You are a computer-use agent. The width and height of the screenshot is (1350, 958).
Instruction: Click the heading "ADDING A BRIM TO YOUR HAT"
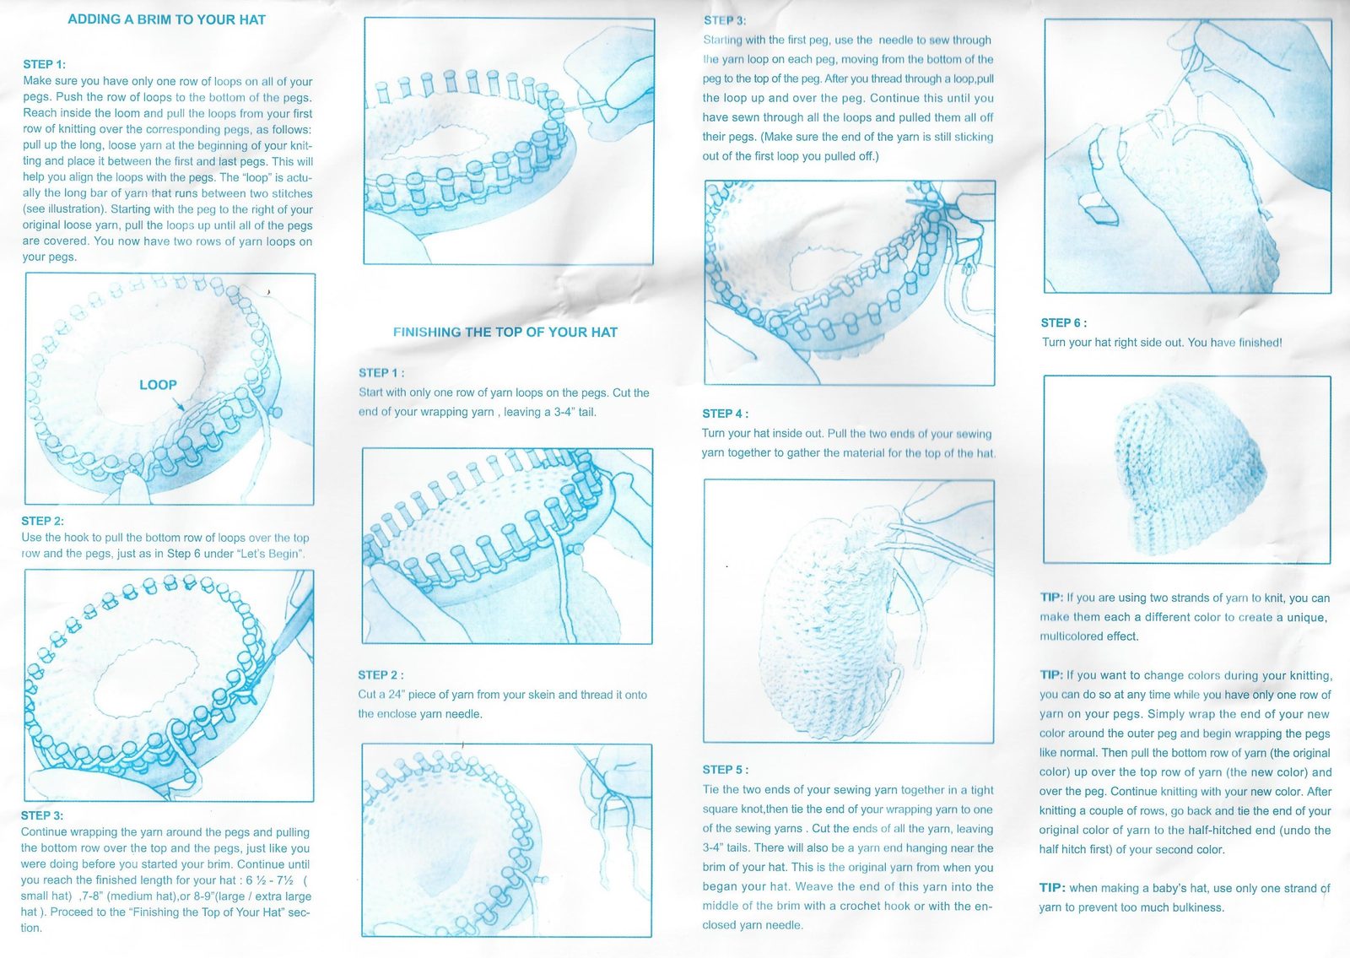[x=166, y=19]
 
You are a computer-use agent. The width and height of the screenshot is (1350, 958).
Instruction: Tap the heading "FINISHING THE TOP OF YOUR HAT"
[x=505, y=333]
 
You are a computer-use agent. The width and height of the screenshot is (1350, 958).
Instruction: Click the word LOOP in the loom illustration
[x=158, y=385]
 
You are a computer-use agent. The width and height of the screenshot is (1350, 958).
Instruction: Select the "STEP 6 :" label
[x=1064, y=323]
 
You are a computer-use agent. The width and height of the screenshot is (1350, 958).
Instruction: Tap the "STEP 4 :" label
[x=725, y=414]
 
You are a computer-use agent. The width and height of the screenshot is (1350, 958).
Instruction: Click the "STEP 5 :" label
[x=725, y=770]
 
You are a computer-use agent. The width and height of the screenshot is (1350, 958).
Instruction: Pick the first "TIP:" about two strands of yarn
[x=1051, y=598]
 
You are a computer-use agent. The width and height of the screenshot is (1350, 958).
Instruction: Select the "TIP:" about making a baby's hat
[x=1052, y=888]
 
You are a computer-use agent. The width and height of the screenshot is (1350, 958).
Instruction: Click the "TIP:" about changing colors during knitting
[x=1051, y=675]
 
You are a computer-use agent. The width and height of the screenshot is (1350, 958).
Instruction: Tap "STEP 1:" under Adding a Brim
[x=45, y=64]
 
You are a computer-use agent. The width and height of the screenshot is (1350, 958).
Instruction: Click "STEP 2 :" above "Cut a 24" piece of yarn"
[x=381, y=675]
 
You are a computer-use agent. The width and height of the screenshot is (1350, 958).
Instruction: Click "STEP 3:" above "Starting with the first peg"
[x=725, y=20]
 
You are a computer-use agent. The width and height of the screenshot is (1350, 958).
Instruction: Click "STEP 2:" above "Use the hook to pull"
[x=42, y=521]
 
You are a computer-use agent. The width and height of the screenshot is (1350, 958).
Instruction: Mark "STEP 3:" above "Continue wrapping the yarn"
[x=41, y=815]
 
